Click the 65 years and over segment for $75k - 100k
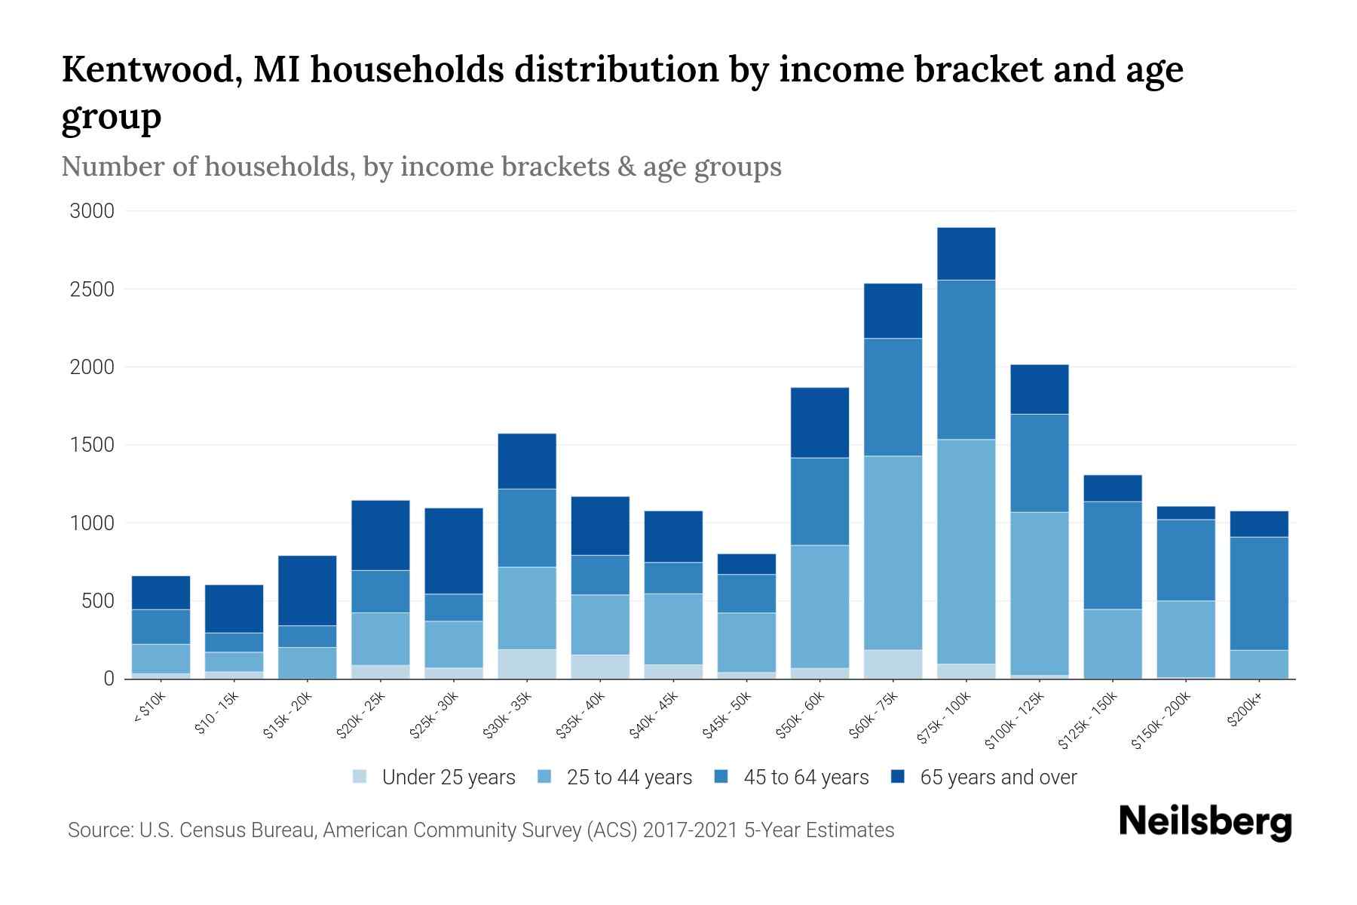coord(966,253)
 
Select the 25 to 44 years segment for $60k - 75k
coord(893,552)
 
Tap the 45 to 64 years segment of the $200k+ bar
coord(1259,593)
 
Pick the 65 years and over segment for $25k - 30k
coord(453,551)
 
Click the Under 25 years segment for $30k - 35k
coord(527,664)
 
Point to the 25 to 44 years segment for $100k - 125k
coord(1039,593)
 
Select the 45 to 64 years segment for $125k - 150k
coord(1112,555)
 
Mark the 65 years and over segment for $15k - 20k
coord(307,590)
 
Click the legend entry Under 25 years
coord(448,778)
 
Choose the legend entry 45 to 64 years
coord(805,778)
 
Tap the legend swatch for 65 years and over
coord(898,777)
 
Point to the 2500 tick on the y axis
coord(92,290)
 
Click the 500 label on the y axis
coord(98,601)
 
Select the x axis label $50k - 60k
coord(801,715)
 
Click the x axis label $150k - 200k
coord(1161,720)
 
